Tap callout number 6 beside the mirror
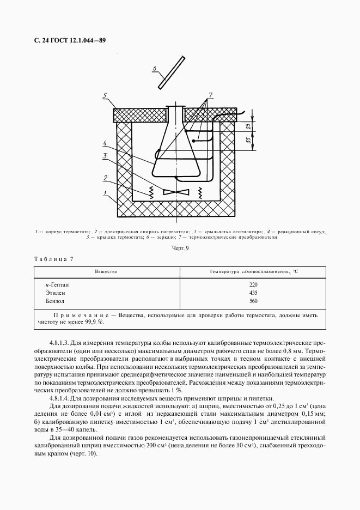[154, 69]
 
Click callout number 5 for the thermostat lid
[103, 96]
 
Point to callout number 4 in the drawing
[103, 144]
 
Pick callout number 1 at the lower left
[104, 193]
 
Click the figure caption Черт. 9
[180, 248]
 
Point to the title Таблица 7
[53, 259]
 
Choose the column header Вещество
[106, 271]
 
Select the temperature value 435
[253, 293]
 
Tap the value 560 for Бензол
[253, 301]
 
